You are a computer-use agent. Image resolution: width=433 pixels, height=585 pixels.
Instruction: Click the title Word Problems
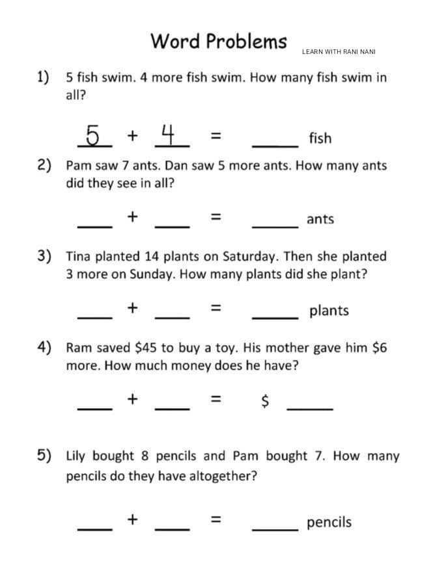point(218,41)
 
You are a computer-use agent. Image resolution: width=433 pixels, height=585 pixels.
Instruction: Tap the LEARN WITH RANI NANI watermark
point(339,51)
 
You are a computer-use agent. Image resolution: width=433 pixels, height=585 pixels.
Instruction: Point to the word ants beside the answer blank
point(320,219)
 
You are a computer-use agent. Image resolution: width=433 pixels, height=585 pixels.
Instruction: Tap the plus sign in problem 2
point(132,216)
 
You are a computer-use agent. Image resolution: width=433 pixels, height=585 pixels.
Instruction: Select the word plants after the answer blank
point(329,311)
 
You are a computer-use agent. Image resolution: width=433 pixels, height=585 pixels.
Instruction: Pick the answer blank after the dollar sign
point(310,408)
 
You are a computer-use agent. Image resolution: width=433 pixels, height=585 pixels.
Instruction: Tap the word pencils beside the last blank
point(328,522)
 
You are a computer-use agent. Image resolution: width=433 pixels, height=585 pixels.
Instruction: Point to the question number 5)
point(44,455)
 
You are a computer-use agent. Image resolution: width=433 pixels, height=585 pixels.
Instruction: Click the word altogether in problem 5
point(223,476)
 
